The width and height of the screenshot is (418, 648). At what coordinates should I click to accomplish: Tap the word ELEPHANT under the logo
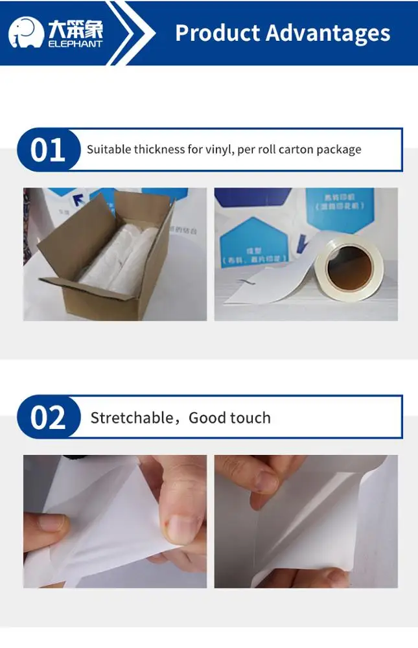(x=75, y=44)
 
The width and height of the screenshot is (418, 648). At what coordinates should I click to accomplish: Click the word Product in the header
(x=215, y=32)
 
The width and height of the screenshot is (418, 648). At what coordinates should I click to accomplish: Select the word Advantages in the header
(x=327, y=32)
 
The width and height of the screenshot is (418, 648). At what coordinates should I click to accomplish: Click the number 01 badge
(x=48, y=150)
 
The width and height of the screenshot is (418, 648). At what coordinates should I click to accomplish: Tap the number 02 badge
(x=48, y=417)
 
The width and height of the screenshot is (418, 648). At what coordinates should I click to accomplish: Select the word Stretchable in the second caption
(x=132, y=417)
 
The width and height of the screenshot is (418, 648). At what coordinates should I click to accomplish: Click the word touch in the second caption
(x=249, y=417)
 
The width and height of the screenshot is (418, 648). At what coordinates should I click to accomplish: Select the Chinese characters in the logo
(x=75, y=28)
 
